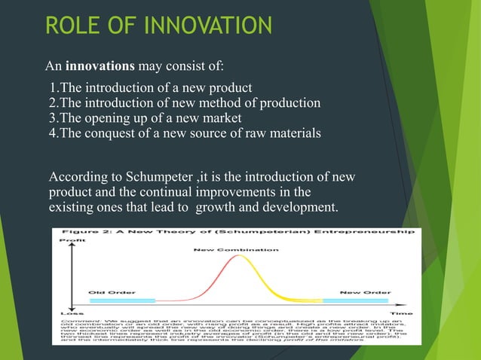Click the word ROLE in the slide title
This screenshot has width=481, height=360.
coord(72,27)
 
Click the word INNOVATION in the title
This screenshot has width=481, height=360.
coord(205,27)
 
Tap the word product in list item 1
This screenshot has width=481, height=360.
coord(230,88)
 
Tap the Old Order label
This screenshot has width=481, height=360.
coord(105,292)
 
